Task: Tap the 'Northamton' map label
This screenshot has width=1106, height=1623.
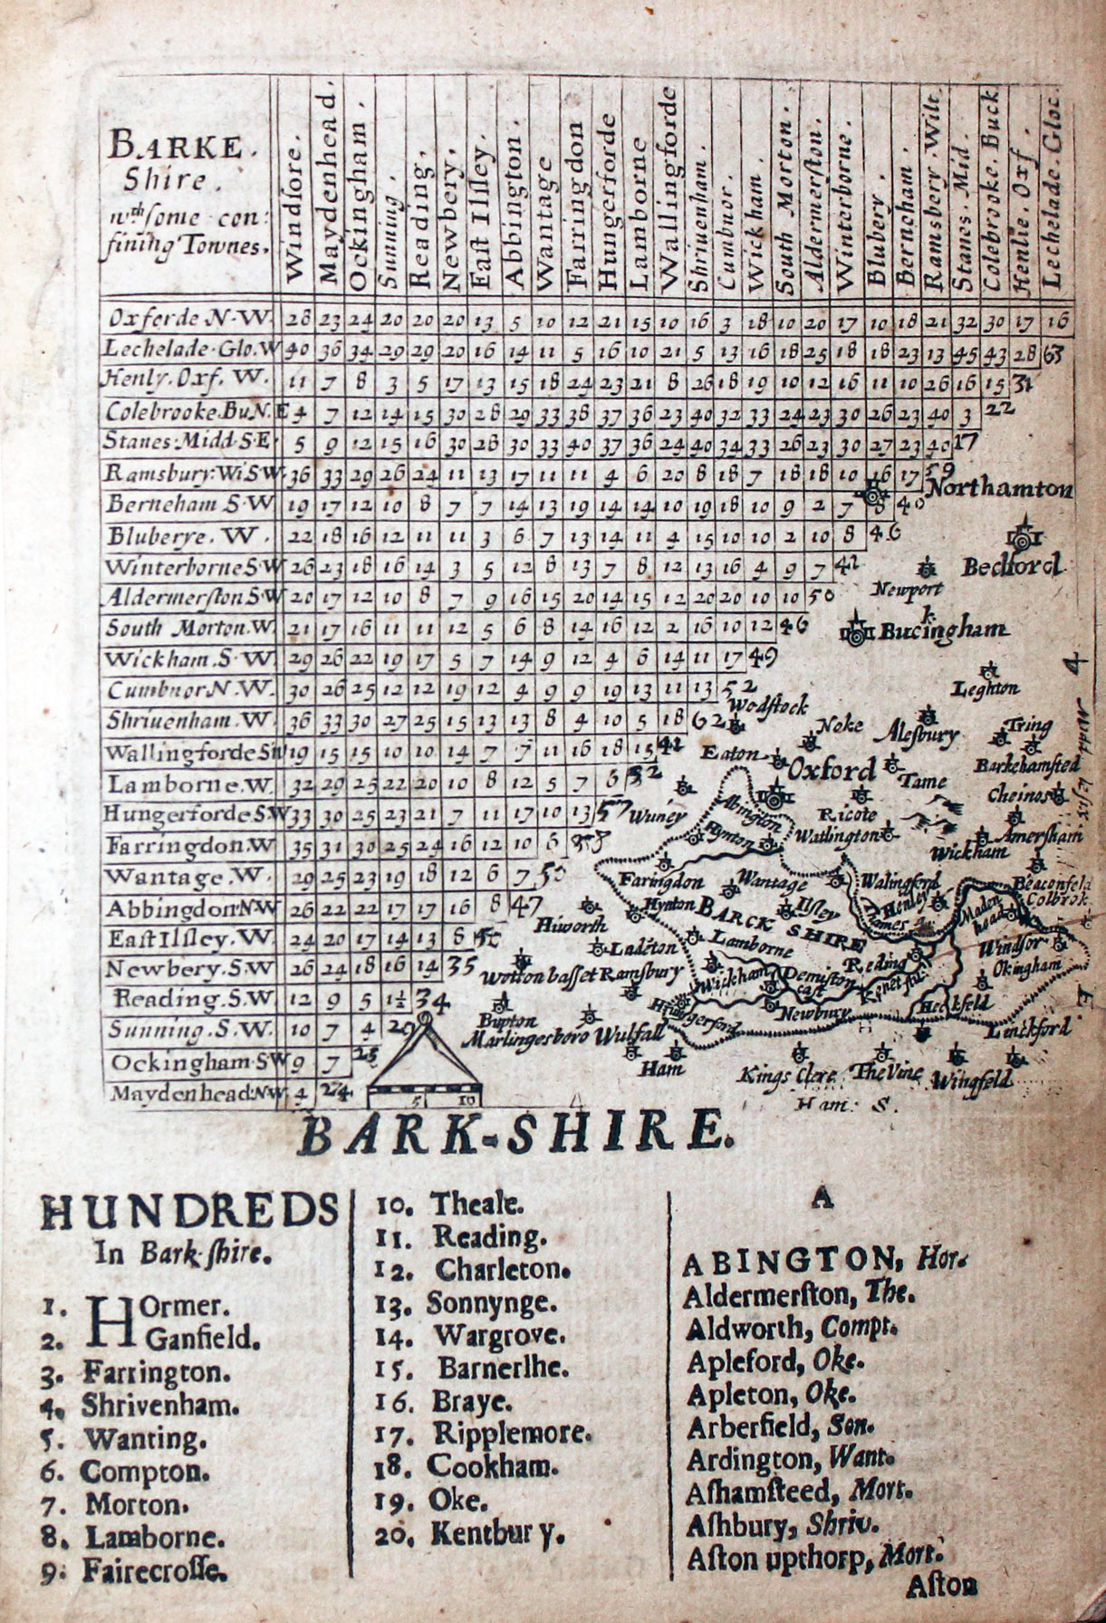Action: (x=1000, y=490)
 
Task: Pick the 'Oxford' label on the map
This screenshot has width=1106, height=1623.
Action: (x=832, y=770)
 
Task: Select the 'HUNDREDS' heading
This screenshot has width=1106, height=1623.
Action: (x=189, y=1212)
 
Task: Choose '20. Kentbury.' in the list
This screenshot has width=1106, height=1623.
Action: (x=470, y=1533)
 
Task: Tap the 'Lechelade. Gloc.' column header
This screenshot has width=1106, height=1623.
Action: (x=1053, y=190)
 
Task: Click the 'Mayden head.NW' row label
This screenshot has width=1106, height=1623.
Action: (x=192, y=1094)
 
